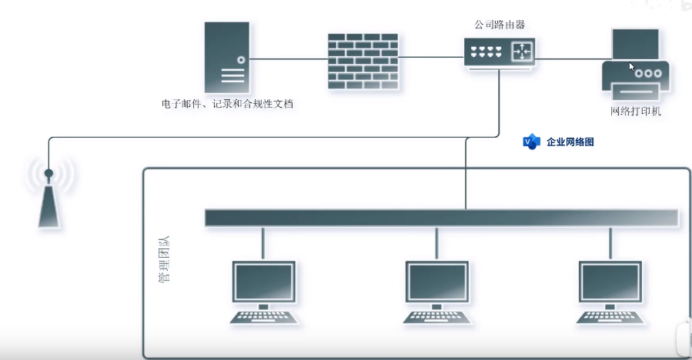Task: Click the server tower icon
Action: pyautogui.click(x=227, y=58)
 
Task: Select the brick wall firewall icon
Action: pyautogui.click(x=363, y=62)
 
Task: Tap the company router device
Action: pyautogui.click(x=500, y=52)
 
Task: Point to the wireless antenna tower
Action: pyautogui.click(x=48, y=196)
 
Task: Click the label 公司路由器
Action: pyautogui.click(x=500, y=25)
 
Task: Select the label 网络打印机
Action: pyautogui.click(x=636, y=112)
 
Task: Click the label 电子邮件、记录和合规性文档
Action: pyautogui.click(x=227, y=103)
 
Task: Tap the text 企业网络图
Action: pyautogui.click(x=570, y=142)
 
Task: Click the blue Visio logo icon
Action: pyautogui.click(x=531, y=142)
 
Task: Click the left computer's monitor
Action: pyautogui.click(x=264, y=282)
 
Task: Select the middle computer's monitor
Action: pyautogui.click(x=437, y=282)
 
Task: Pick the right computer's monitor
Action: pyautogui.click(x=610, y=282)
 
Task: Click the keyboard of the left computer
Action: pyautogui.click(x=264, y=317)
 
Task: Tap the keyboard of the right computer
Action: pyautogui.click(x=610, y=317)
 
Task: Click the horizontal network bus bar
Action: pyautogui.click(x=441, y=218)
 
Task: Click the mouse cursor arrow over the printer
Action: pyautogui.click(x=632, y=67)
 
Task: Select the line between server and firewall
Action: pyautogui.click(x=289, y=58)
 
